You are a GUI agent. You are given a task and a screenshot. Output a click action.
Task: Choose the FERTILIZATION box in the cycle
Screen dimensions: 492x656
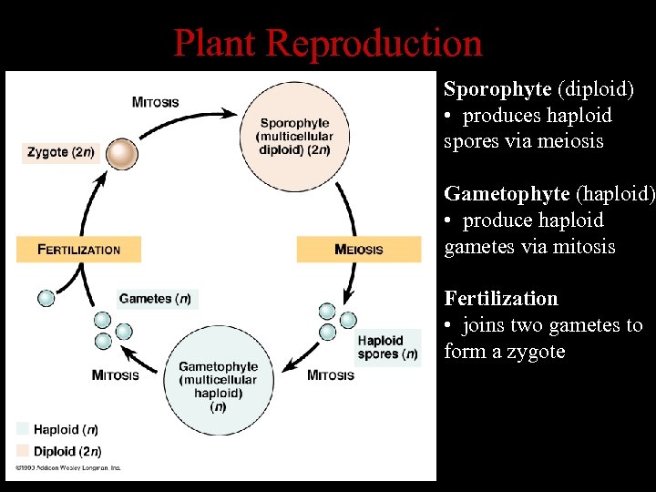click(x=79, y=249)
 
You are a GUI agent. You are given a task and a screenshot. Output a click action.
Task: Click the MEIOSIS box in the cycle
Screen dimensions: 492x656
click(x=359, y=249)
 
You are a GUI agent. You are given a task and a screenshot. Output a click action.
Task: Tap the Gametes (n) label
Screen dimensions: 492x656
click(x=157, y=299)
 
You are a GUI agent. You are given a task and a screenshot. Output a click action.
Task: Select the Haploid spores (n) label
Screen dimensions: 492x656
click(x=387, y=347)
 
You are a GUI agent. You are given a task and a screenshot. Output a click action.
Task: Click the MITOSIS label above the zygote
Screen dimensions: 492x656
click(x=155, y=101)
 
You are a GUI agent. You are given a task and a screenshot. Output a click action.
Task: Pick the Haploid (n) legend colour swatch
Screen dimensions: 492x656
click(x=23, y=429)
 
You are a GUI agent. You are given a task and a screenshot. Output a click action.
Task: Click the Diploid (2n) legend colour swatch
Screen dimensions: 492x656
click(x=23, y=451)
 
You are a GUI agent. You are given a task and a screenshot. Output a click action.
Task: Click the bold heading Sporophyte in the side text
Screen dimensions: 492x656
click(x=497, y=89)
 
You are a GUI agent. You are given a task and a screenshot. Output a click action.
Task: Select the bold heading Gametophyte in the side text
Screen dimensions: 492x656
click(x=506, y=193)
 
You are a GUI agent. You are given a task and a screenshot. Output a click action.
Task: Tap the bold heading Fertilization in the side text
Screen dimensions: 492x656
click(x=500, y=299)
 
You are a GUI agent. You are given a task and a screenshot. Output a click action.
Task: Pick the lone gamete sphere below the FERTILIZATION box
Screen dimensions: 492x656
click(x=46, y=298)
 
